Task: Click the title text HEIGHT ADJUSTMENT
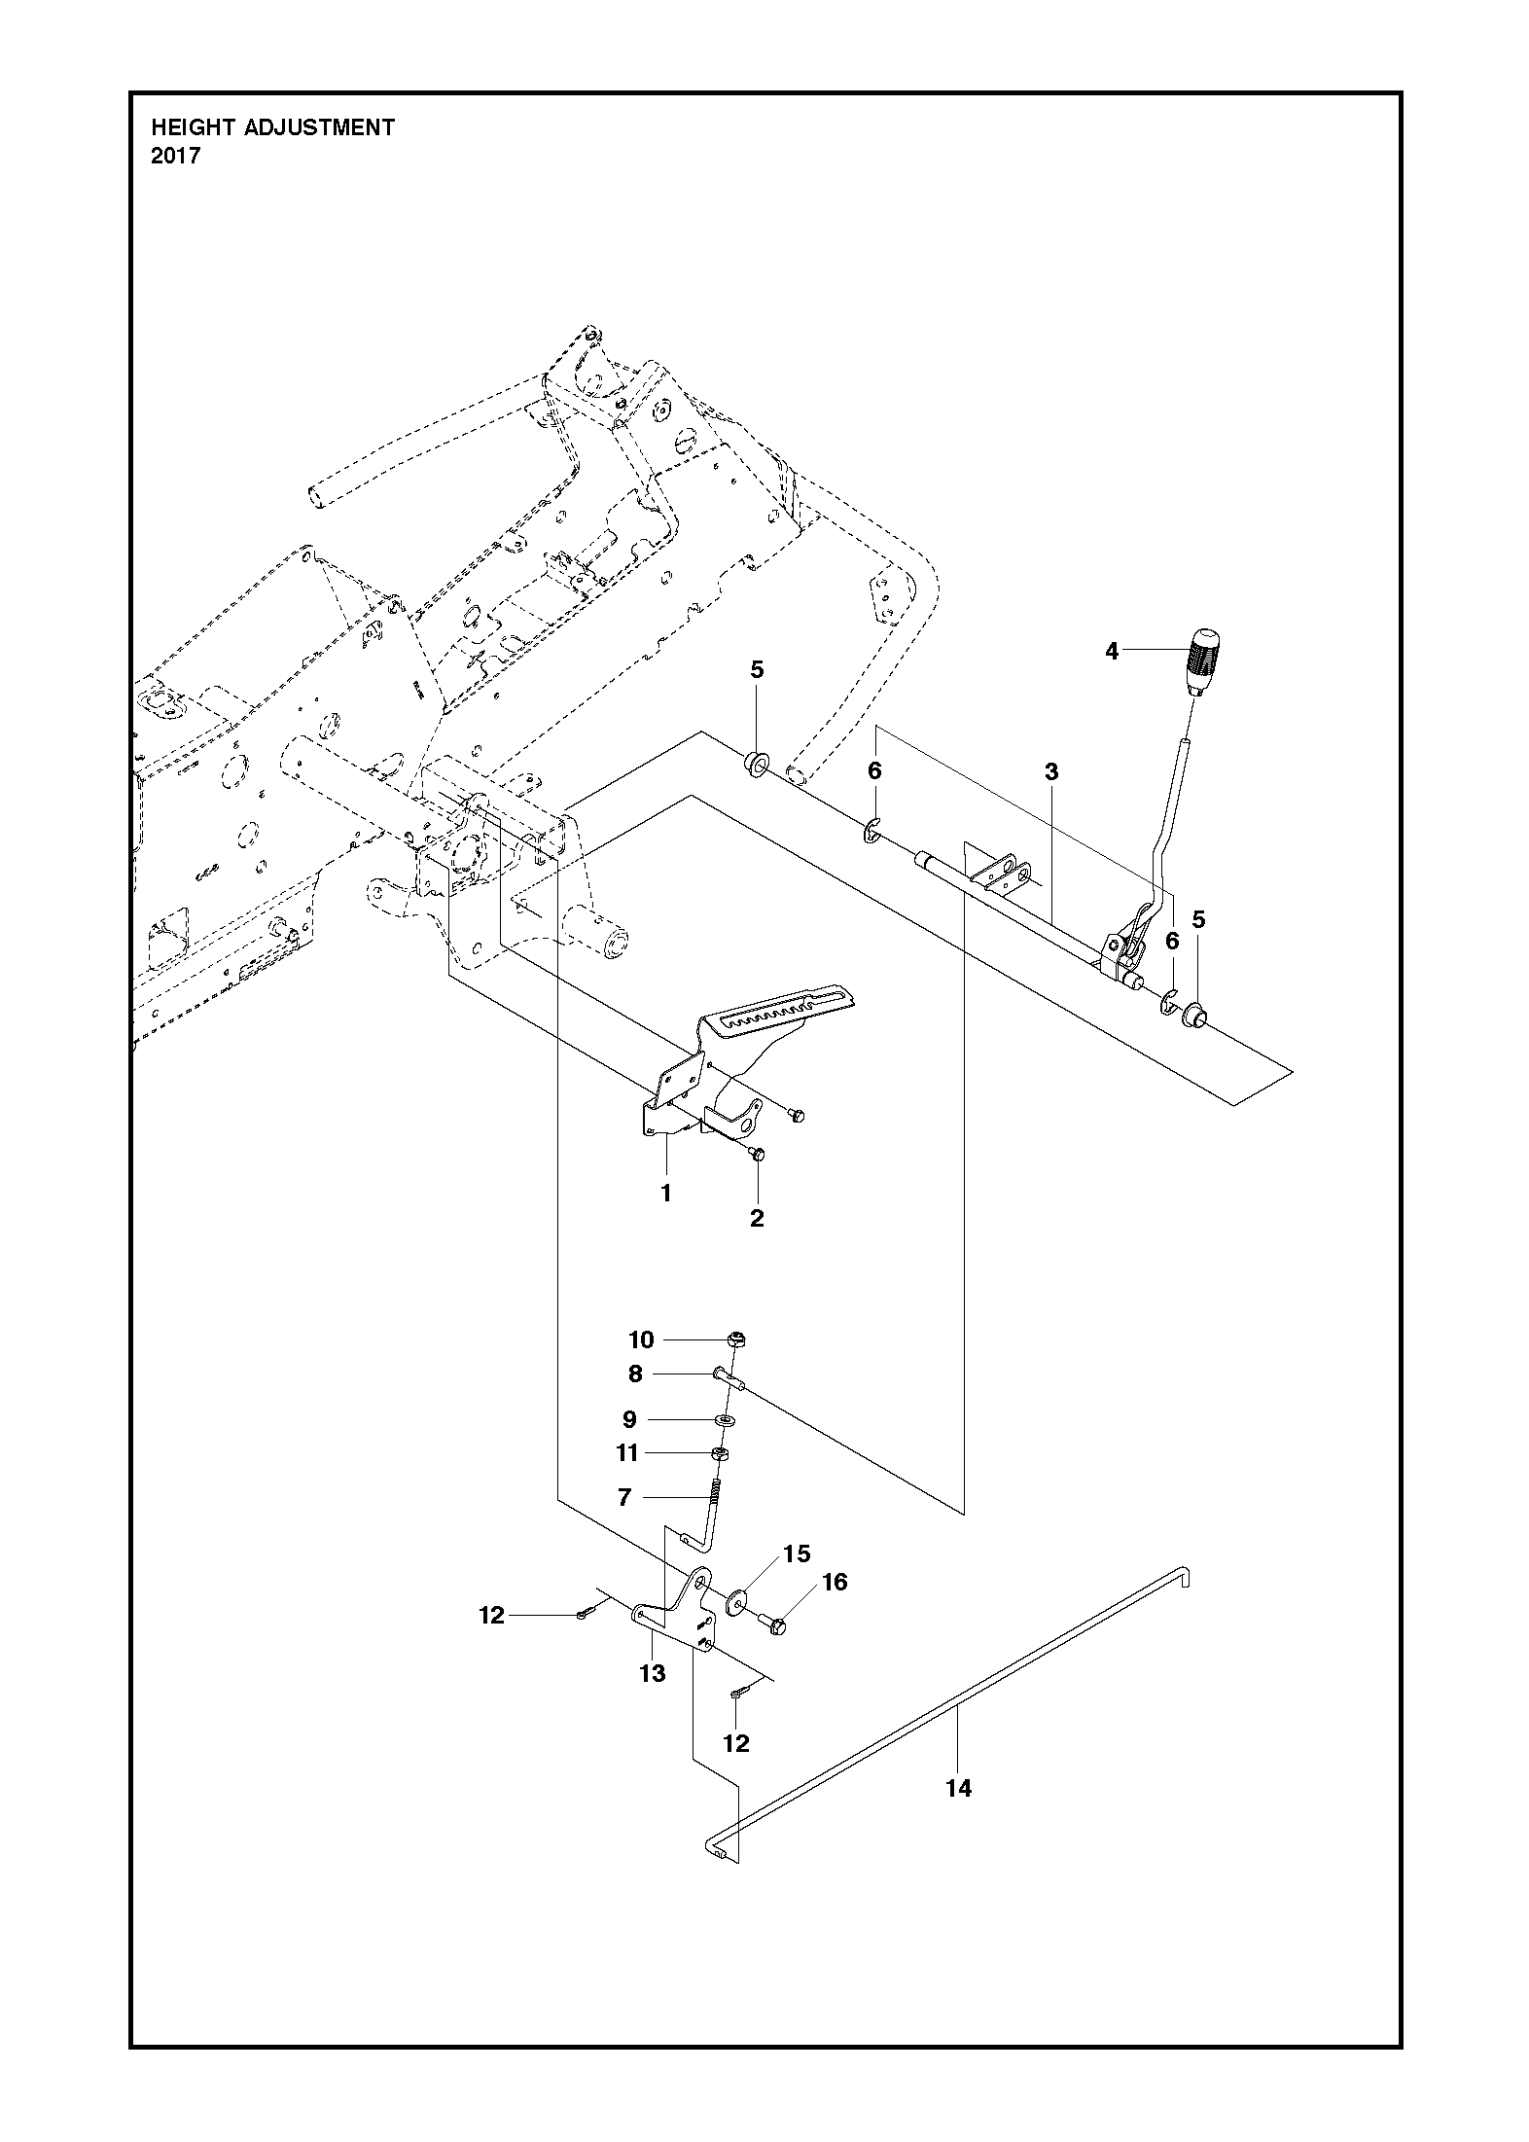pyautogui.click(x=272, y=127)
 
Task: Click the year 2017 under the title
pyautogui.click(x=176, y=156)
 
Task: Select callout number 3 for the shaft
pyautogui.click(x=1050, y=772)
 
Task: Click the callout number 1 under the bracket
pyautogui.click(x=666, y=1193)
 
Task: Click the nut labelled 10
pyautogui.click(x=736, y=1339)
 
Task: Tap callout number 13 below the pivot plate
pyautogui.click(x=652, y=1672)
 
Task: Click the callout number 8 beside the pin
pyautogui.click(x=635, y=1374)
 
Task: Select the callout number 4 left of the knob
pyautogui.click(x=1112, y=651)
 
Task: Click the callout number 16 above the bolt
pyautogui.click(x=834, y=1582)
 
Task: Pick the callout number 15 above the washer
pyautogui.click(x=797, y=1553)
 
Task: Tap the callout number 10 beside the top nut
pyautogui.click(x=641, y=1339)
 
